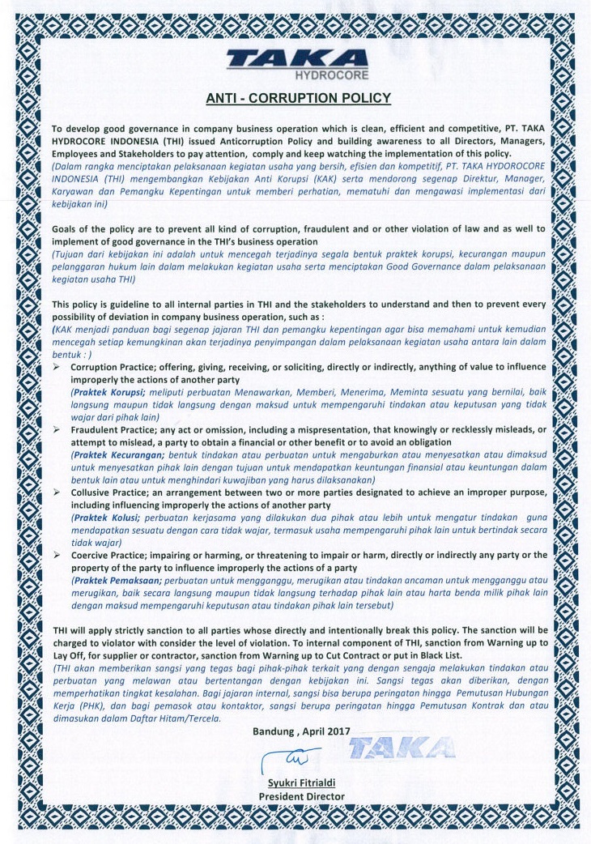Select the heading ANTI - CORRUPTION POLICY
tap(299, 99)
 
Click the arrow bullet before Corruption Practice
tap(57, 367)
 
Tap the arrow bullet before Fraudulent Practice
tap(57, 429)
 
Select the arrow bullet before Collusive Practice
tap(57, 491)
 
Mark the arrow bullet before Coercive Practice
tap(57, 554)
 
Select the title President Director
tap(301, 795)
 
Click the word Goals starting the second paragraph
tap(68, 229)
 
